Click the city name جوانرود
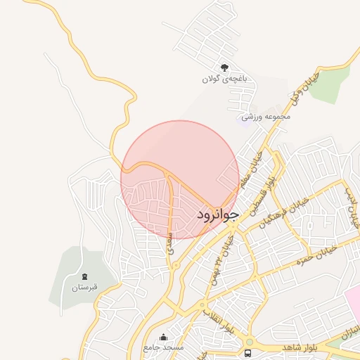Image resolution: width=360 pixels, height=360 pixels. (218, 211)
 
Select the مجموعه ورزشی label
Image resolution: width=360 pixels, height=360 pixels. (266, 117)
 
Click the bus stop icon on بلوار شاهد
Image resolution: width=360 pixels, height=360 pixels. (247, 352)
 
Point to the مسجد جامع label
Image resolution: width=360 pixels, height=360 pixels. (163, 348)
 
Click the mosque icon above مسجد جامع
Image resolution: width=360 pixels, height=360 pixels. (163, 337)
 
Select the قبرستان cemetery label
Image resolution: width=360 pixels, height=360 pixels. (84, 288)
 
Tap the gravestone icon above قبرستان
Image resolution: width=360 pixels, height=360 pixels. (85, 276)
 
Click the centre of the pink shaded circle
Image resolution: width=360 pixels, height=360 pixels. (180, 180)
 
